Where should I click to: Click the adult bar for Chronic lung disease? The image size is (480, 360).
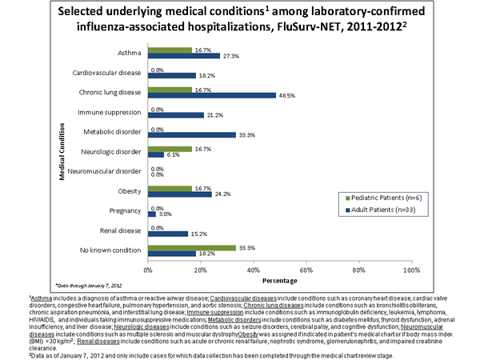tap(212, 95)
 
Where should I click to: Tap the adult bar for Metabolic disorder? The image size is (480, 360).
tap(191, 134)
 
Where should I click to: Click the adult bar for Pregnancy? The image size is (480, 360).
tap(150, 214)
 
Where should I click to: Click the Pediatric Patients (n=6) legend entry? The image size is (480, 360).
tap(374, 196)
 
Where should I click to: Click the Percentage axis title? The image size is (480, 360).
tap(278, 282)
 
